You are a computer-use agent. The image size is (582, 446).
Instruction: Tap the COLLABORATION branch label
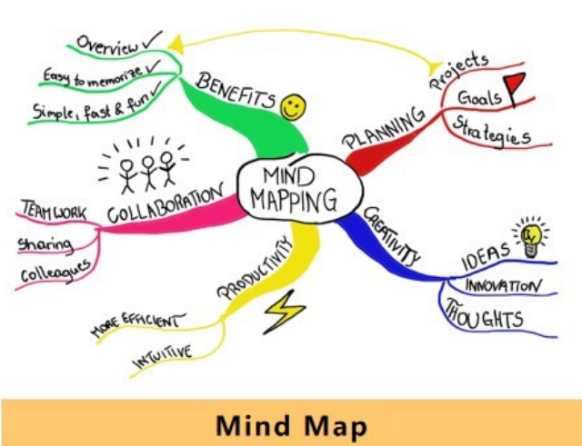pos(164,203)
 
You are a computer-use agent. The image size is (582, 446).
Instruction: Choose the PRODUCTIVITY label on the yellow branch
pos(257,269)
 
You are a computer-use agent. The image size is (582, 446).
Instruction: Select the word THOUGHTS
pos(483,318)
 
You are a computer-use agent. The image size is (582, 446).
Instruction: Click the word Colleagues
pos(55,271)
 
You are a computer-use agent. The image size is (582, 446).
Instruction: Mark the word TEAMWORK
pos(52,212)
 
